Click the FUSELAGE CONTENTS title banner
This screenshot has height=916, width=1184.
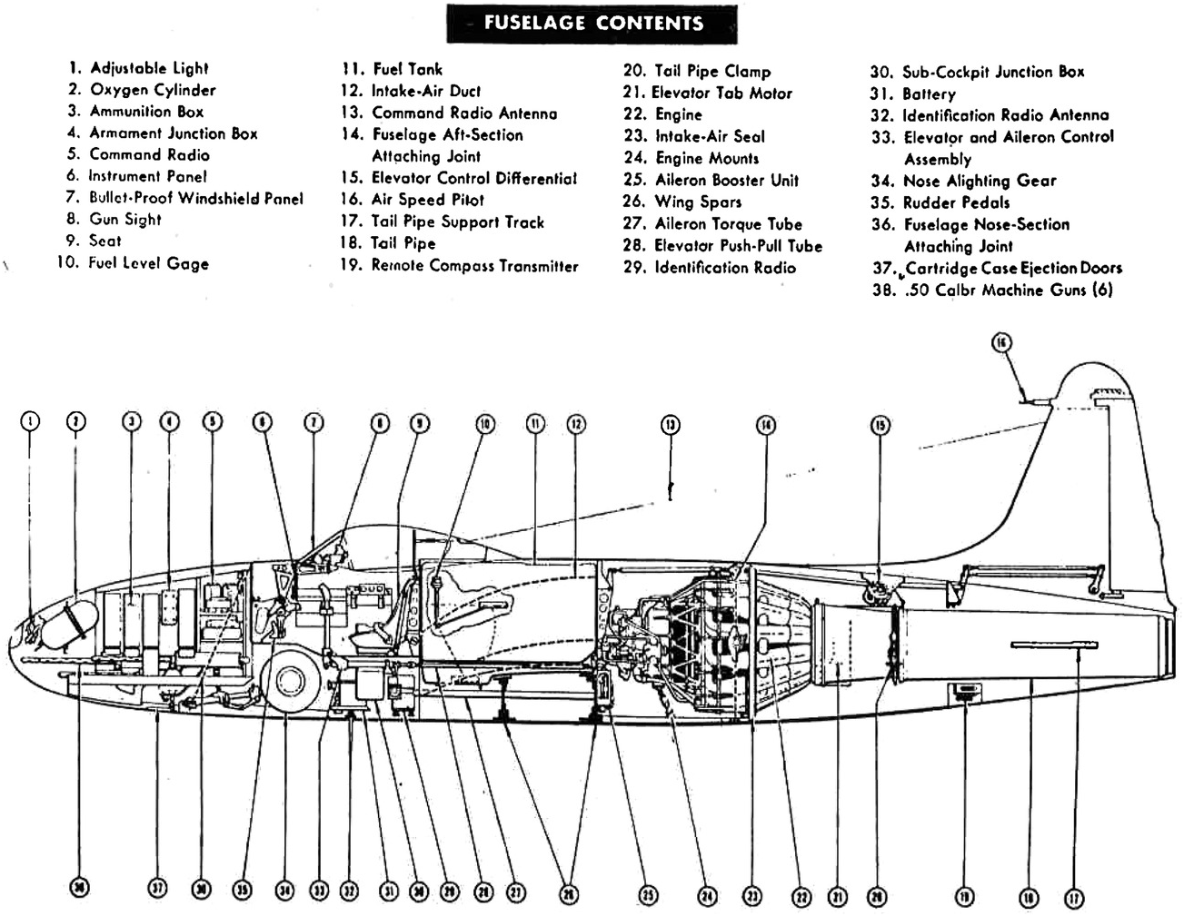[x=592, y=23]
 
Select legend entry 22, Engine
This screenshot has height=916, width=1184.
[x=678, y=114]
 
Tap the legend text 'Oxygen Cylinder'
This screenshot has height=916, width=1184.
[x=153, y=90]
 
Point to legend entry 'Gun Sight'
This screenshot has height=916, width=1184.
[x=124, y=220]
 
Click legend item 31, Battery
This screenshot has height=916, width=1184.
[x=928, y=94]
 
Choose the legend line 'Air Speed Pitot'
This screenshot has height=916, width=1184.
[x=427, y=200]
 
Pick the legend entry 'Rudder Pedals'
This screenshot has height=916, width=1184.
[x=955, y=202]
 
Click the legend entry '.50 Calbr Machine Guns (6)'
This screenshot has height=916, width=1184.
[x=1007, y=291]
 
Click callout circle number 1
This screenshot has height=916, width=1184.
[x=30, y=420]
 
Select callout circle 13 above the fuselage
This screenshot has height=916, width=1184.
[x=671, y=423]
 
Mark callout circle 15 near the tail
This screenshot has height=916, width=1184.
[x=880, y=425]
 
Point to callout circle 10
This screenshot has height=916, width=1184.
[x=485, y=423]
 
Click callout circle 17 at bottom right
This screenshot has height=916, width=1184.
[x=1074, y=898]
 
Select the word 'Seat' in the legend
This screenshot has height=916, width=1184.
[x=104, y=241]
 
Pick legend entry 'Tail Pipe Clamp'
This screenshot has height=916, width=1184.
[x=711, y=72]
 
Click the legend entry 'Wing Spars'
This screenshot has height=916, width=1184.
[x=697, y=202]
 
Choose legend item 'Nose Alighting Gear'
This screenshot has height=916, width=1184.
[x=979, y=181]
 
